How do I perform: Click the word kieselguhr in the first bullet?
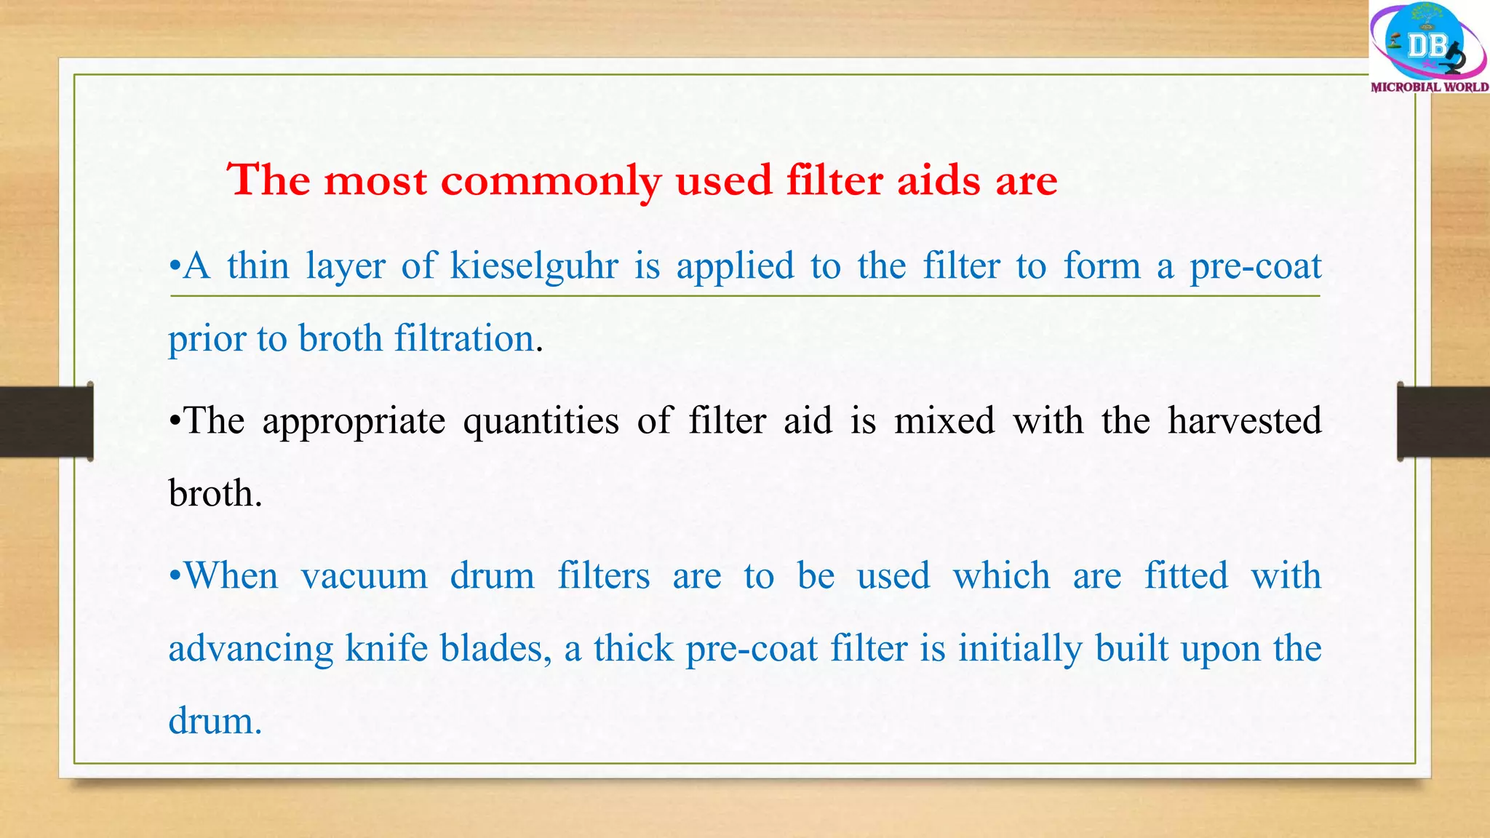(x=534, y=266)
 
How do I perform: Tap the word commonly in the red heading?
(x=551, y=180)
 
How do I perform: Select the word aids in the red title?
(x=939, y=180)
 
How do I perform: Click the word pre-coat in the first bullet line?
(x=1255, y=266)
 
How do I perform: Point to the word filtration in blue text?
(x=465, y=339)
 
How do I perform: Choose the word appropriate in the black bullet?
(x=354, y=422)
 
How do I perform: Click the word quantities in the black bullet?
(x=541, y=422)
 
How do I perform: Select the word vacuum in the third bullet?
(x=364, y=577)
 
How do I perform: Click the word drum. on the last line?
(x=215, y=722)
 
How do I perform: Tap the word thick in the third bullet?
(x=633, y=648)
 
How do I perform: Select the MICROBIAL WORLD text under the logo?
(x=1429, y=87)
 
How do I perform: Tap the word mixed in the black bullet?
(x=944, y=421)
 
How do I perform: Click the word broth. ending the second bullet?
(x=215, y=494)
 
